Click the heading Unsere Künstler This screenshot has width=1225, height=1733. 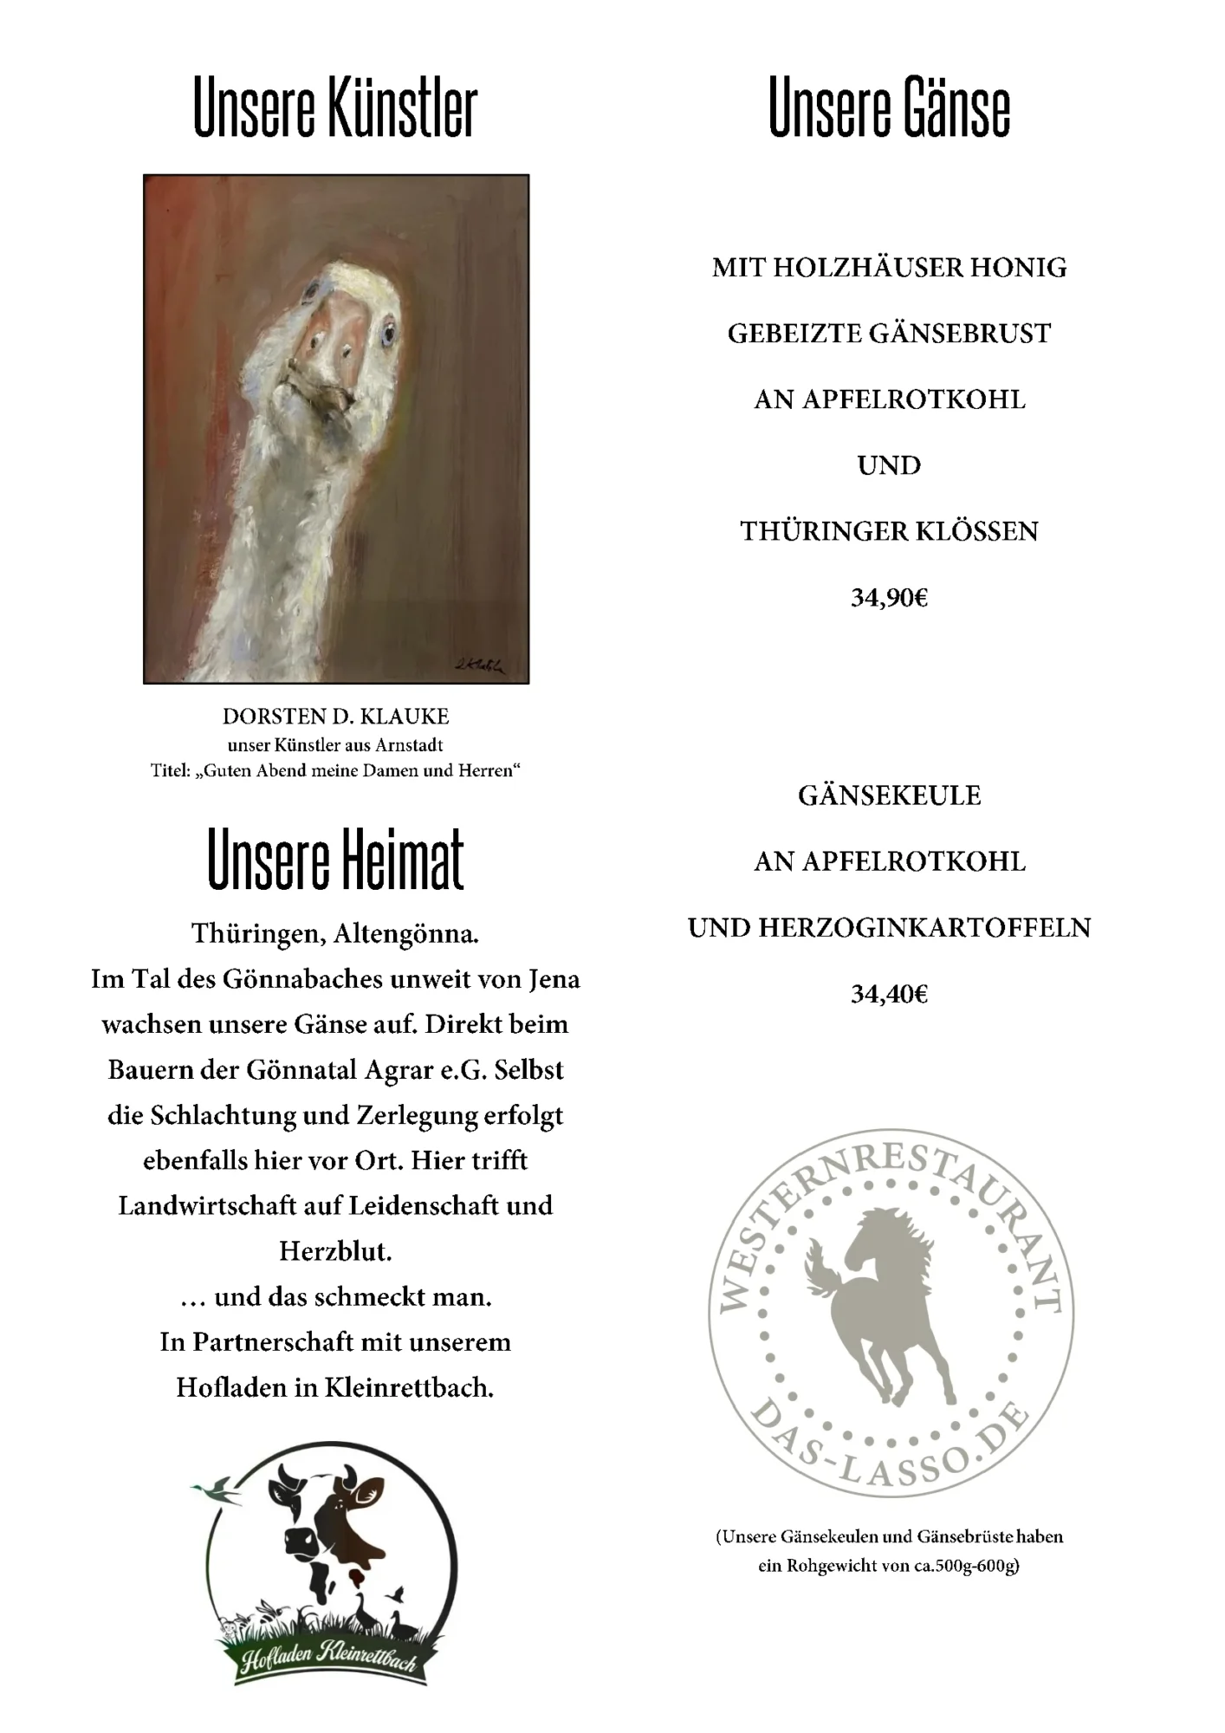335,108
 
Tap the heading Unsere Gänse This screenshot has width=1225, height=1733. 889,108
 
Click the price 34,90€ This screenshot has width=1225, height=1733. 889,598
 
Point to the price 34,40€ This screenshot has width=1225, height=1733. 889,994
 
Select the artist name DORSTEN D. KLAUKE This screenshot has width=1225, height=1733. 335,717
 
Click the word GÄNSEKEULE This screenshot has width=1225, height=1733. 889,795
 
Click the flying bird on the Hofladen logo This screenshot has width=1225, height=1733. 217,1492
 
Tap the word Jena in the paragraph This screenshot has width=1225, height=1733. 554,980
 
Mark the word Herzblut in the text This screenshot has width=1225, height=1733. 335,1251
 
